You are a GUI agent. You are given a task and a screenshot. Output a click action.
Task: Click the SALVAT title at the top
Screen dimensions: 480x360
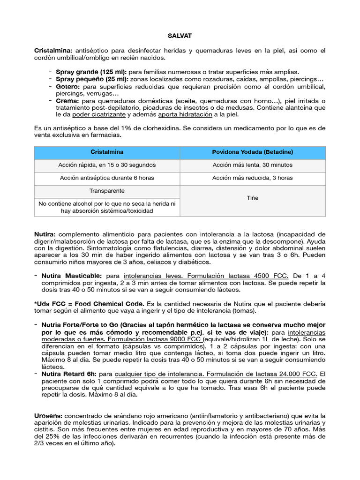click(x=180, y=36)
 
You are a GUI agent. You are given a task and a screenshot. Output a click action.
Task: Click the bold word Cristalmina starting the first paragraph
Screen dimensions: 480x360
click(x=53, y=50)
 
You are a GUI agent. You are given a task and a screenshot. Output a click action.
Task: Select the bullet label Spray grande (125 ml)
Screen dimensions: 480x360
click(x=91, y=72)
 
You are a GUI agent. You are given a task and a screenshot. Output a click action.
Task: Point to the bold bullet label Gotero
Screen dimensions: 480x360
click(x=68, y=87)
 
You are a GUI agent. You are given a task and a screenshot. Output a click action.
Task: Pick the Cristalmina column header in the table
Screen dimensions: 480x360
click(x=107, y=152)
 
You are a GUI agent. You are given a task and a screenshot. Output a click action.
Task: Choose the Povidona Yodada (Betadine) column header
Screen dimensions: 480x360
click(x=252, y=152)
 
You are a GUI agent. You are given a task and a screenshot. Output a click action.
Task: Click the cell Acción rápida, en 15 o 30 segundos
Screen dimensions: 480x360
click(x=107, y=165)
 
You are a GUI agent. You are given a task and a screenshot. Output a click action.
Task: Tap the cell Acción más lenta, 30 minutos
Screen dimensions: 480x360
click(x=252, y=165)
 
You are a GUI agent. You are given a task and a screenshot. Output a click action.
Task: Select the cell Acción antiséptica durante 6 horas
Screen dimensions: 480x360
click(x=107, y=178)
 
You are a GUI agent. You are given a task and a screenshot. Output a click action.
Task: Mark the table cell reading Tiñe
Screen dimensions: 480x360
click(x=252, y=198)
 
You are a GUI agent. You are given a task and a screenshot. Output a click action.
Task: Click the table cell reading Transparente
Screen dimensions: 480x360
click(x=107, y=191)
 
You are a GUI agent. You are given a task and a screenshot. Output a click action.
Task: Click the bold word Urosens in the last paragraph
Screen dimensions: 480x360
click(x=48, y=416)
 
